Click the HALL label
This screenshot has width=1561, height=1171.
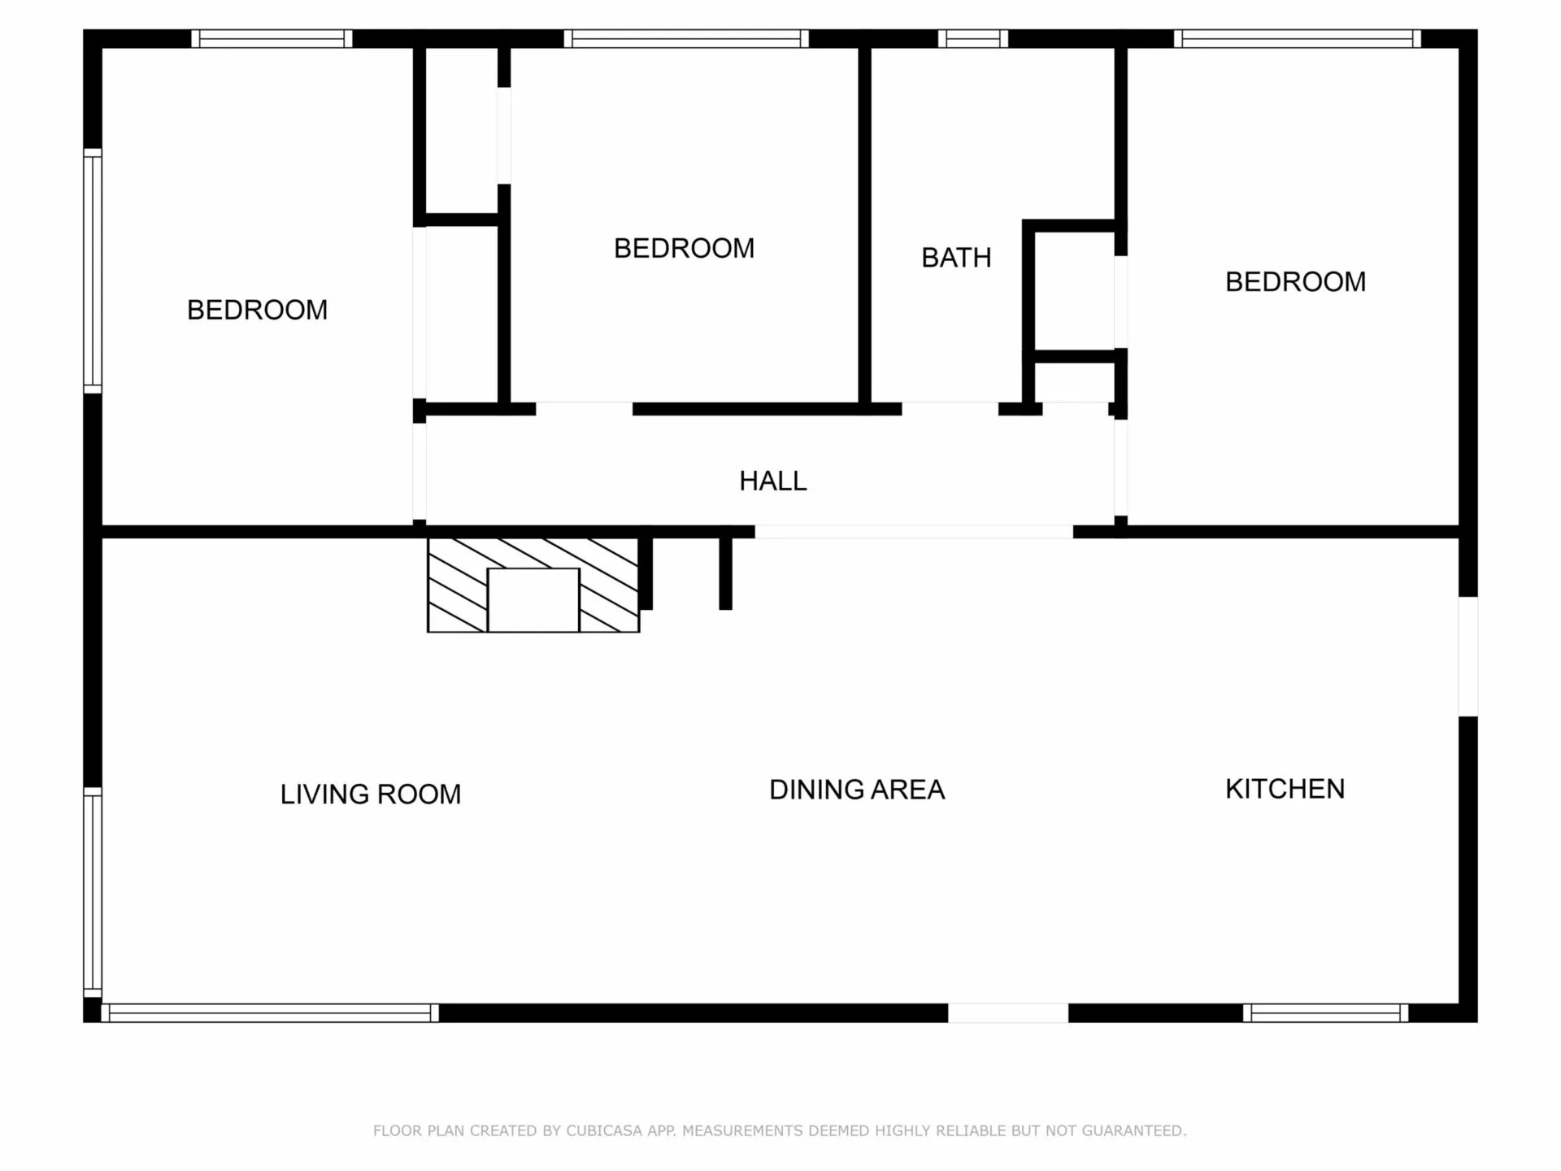pos(772,481)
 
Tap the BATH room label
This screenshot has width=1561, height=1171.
pos(956,258)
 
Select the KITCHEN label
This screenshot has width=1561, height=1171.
pos(1285,789)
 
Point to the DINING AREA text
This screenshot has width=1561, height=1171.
pos(857,790)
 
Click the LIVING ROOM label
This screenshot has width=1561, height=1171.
pos(371,794)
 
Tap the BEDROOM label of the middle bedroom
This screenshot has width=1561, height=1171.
pos(684,248)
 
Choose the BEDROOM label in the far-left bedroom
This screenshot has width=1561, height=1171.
pos(257,310)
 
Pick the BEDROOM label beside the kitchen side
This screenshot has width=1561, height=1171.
pos(1295,282)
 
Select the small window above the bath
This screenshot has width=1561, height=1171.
pos(973,38)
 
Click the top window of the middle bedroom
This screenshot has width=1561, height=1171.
pos(686,38)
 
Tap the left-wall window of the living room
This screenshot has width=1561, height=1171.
pos(93,892)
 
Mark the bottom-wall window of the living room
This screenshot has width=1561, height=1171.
pos(270,1013)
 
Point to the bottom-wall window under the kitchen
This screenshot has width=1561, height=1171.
pos(1325,1013)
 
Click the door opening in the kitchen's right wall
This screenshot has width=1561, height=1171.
pos(1468,656)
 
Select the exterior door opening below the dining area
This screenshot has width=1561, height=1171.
pos(1008,1013)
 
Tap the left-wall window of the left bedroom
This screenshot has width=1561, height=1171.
pos(93,271)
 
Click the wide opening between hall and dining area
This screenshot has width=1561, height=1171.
pos(914,532)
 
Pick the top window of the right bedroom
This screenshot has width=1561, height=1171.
pos(1298,38)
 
